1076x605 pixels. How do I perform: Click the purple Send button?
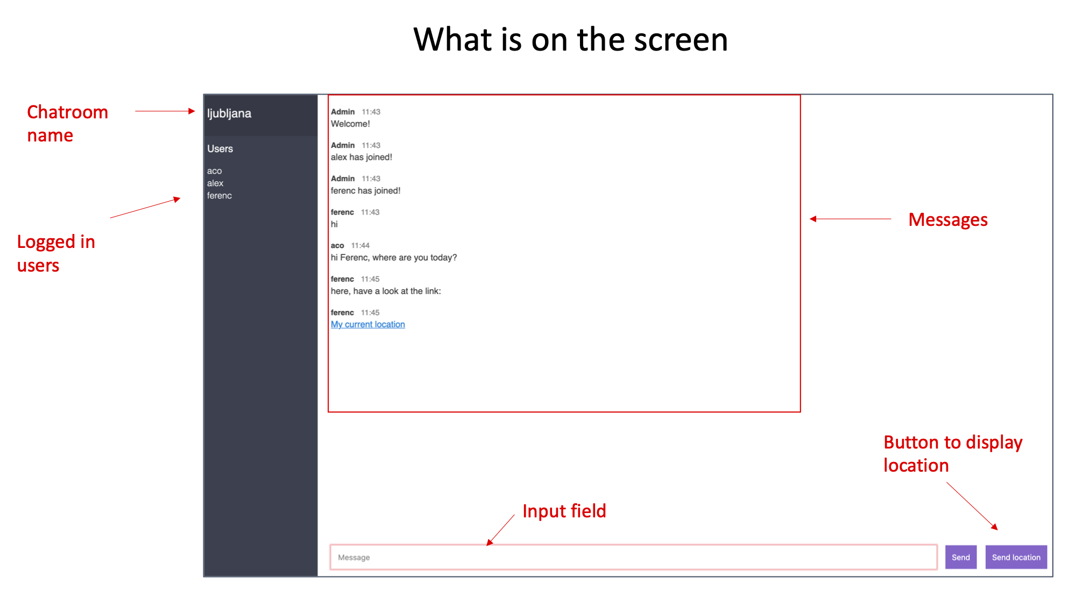tap(960, 557)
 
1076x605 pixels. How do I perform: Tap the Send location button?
tap(1016, 557)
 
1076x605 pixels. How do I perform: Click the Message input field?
tap(633, 557)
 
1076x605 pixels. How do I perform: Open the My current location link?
tap(367, 324)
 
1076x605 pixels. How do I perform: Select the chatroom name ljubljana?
tap(229, 113)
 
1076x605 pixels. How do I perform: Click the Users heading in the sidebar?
tap(220, 149)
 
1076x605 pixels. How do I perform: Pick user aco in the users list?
tap(214, 171)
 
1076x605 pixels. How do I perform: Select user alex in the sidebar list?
tap(215, 183)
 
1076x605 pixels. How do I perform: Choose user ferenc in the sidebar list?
tap(220, 196)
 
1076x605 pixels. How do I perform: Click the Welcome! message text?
tap(350, 124)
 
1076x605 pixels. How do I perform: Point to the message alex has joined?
tap(361, 157)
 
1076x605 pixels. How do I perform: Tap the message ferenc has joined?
tap(365, 191)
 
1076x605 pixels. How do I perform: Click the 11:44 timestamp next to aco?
tap(360, 246)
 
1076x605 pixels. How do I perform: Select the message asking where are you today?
tap(393, 258)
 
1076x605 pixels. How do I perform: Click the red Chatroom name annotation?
tap(67, 124)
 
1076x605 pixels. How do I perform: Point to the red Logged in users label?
tap(56, 253)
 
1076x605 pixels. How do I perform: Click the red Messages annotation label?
tap(947, 220)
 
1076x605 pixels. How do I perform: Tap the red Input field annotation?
tap(564, 511)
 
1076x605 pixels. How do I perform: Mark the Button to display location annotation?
tap(952, 454)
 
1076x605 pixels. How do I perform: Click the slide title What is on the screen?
tap(570, 40)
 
